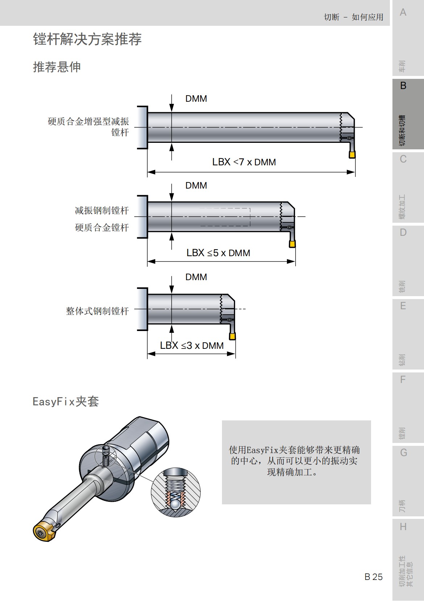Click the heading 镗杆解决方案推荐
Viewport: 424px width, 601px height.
tap(87, 39)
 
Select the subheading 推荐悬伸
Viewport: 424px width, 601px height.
tap(57, 67)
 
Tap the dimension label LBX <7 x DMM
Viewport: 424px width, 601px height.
tap(244, 162)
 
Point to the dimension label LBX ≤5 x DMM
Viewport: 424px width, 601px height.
tap(218, 253)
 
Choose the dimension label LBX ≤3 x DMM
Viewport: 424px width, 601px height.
tap(192, 346)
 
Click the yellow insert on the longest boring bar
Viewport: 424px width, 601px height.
tap(352, 155)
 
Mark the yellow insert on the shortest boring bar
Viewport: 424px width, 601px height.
tap(232, 336)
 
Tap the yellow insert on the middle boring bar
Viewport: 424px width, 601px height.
tap(292, 244)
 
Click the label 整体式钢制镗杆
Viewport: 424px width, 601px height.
tap(97, 311)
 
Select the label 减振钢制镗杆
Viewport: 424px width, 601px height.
tap(102, 210)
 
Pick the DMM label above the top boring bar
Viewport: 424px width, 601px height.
tap(196, 99)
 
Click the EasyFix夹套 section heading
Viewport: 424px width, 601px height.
tap(66, 402)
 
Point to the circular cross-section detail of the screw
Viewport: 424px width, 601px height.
tap(176, 492)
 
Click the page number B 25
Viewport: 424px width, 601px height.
tap(373, 577)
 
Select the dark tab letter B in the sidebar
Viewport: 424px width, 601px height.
tap(403, 86)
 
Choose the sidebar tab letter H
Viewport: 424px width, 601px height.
tap(403, 527)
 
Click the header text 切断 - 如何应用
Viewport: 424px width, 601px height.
tap(353, 17)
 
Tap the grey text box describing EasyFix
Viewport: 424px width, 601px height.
tap(296, 462)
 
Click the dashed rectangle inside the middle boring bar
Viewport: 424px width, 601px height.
tap(225, 217)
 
